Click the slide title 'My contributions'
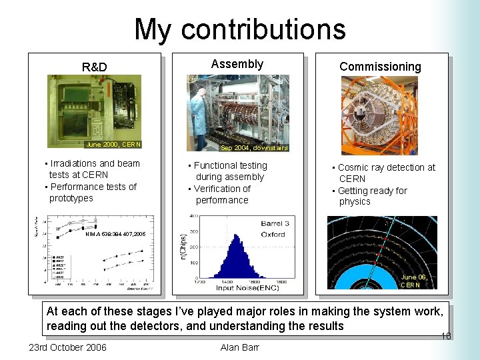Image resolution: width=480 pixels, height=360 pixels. (x=240, y=29)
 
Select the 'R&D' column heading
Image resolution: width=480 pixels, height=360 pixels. (x=94, y=67)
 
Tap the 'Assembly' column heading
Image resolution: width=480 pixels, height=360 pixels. (x=237, y=64)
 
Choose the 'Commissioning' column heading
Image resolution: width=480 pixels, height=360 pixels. (x=380, y=66)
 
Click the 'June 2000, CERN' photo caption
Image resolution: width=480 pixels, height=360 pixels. (x=113, y=144)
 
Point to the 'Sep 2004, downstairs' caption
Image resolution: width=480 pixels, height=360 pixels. (x=254, y=148)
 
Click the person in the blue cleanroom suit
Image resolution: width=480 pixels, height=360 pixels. (x=198, y=113)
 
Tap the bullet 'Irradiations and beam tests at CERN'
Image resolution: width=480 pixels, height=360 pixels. (x=91, y=169)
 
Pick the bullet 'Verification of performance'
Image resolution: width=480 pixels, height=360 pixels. (x=222, y=194)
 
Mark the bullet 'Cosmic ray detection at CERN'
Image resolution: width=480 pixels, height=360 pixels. (x=385, y=173)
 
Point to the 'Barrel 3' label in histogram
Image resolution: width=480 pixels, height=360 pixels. (x=274, y=224)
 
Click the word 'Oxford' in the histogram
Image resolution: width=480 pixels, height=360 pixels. (x=273, y=234)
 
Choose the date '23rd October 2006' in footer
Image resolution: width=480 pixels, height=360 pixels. (x=67, y=347)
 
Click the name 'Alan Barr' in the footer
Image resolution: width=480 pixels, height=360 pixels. (x=239, y=347)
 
